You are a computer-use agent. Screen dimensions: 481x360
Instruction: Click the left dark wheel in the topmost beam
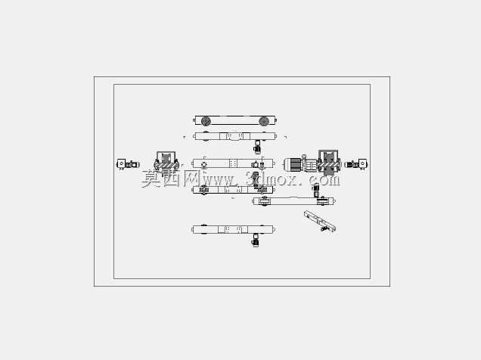(x=206, y=121)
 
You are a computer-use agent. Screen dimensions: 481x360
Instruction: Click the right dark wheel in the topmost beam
(x=264, y=121)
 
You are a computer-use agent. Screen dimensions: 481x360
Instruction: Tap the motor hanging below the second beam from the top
(x=257, y=147)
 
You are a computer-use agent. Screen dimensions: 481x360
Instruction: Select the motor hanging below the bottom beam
(x=255, y=240)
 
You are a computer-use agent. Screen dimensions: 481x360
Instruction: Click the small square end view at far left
(x=121, y=164)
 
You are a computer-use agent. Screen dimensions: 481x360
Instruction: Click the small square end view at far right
(x=362, y=164)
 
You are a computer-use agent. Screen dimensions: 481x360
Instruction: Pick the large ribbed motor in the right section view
(x=293, y=165)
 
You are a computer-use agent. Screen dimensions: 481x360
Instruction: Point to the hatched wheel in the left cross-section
(x=166, y=166)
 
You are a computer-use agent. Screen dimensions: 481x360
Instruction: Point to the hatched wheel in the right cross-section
(x=329, y=165)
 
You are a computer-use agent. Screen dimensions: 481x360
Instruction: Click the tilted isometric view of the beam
(x=320, y=221)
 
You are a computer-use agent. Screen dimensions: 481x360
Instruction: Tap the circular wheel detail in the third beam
(x=204, y=164)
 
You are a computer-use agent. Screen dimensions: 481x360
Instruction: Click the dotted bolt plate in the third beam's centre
(x=233, y=163)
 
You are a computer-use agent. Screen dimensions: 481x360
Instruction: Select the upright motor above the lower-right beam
(x=315, y=190)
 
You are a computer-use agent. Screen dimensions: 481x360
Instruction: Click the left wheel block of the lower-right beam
(x=265, y=201)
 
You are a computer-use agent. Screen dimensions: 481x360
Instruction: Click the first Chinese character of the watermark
(x=151, y=178)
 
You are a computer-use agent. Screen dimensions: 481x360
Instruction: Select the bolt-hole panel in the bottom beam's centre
(x=233, y=229)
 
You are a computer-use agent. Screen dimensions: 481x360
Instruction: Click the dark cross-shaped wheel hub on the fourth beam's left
(x=203, y=190)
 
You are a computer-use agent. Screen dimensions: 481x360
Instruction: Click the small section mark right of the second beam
(x=286, y=137)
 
